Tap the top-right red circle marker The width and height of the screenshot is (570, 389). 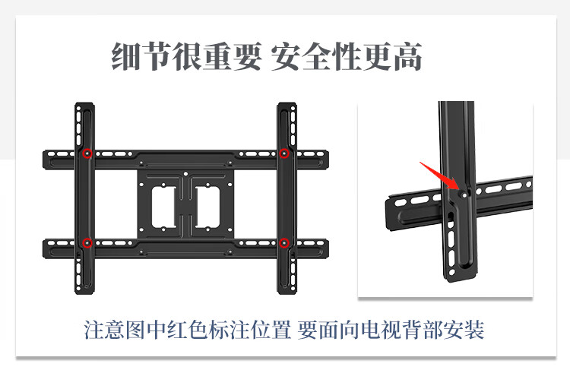click(283, 154)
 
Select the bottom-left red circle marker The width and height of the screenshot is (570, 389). click(87, 243)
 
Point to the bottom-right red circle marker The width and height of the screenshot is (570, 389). click(283, 243)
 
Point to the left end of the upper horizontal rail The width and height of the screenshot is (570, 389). click(46, 159)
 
